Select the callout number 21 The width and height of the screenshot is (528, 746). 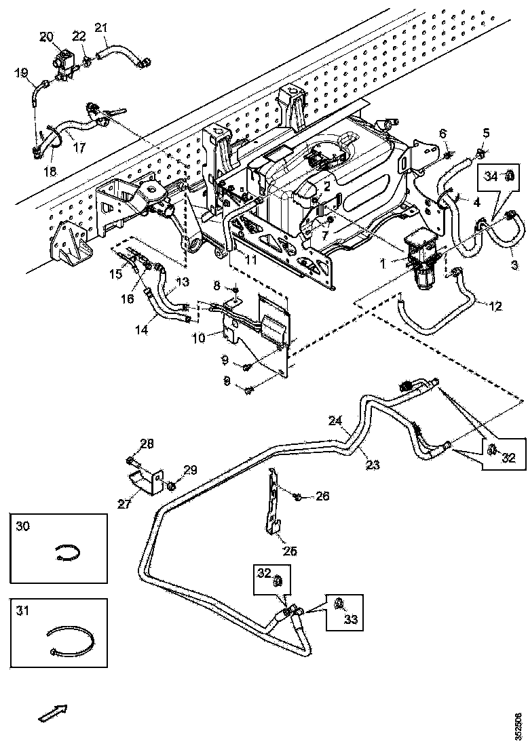101,28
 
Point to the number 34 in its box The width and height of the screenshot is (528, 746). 491,176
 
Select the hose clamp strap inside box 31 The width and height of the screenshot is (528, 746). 70,641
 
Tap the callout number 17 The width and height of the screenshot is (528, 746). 79,146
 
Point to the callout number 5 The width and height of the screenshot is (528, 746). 485,132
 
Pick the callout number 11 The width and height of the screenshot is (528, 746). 232,259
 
